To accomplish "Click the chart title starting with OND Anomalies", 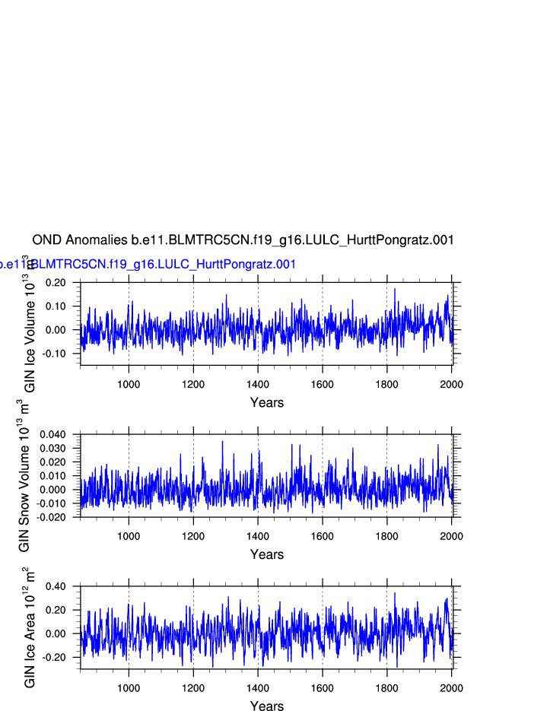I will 243,240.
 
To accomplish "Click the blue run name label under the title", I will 148,265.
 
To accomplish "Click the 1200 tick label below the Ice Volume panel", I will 193,384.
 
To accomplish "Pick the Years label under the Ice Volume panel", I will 267,403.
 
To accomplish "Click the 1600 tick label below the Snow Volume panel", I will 323,536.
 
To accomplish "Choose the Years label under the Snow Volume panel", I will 267,555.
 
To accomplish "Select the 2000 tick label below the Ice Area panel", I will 452,688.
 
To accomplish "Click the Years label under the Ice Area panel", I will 267,706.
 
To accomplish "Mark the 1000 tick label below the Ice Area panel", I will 129,688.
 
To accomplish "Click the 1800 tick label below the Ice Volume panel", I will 387,384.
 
